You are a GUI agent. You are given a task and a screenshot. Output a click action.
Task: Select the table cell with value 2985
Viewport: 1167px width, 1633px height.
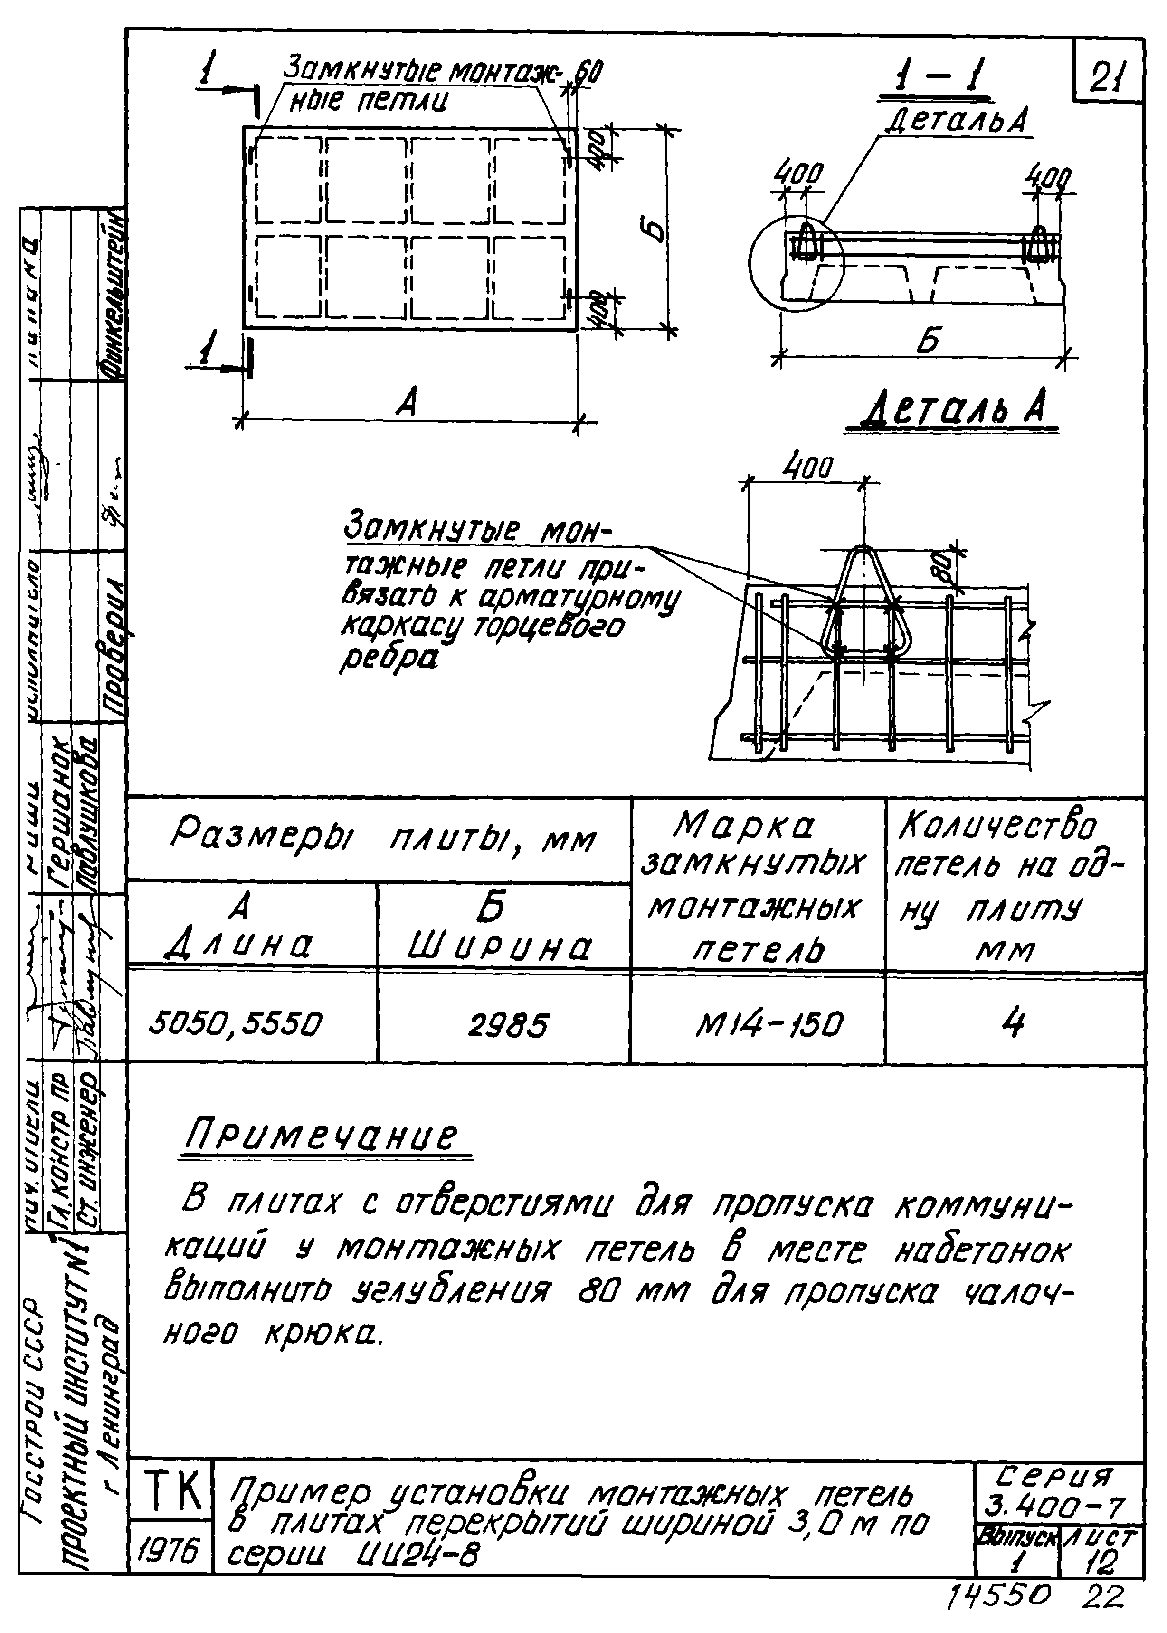click(507, 1025)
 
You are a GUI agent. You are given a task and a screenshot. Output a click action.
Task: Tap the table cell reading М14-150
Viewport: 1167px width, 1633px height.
click(768, 1023)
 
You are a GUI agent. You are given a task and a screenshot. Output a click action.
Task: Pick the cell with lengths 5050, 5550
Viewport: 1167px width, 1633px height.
click(236, 1023)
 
